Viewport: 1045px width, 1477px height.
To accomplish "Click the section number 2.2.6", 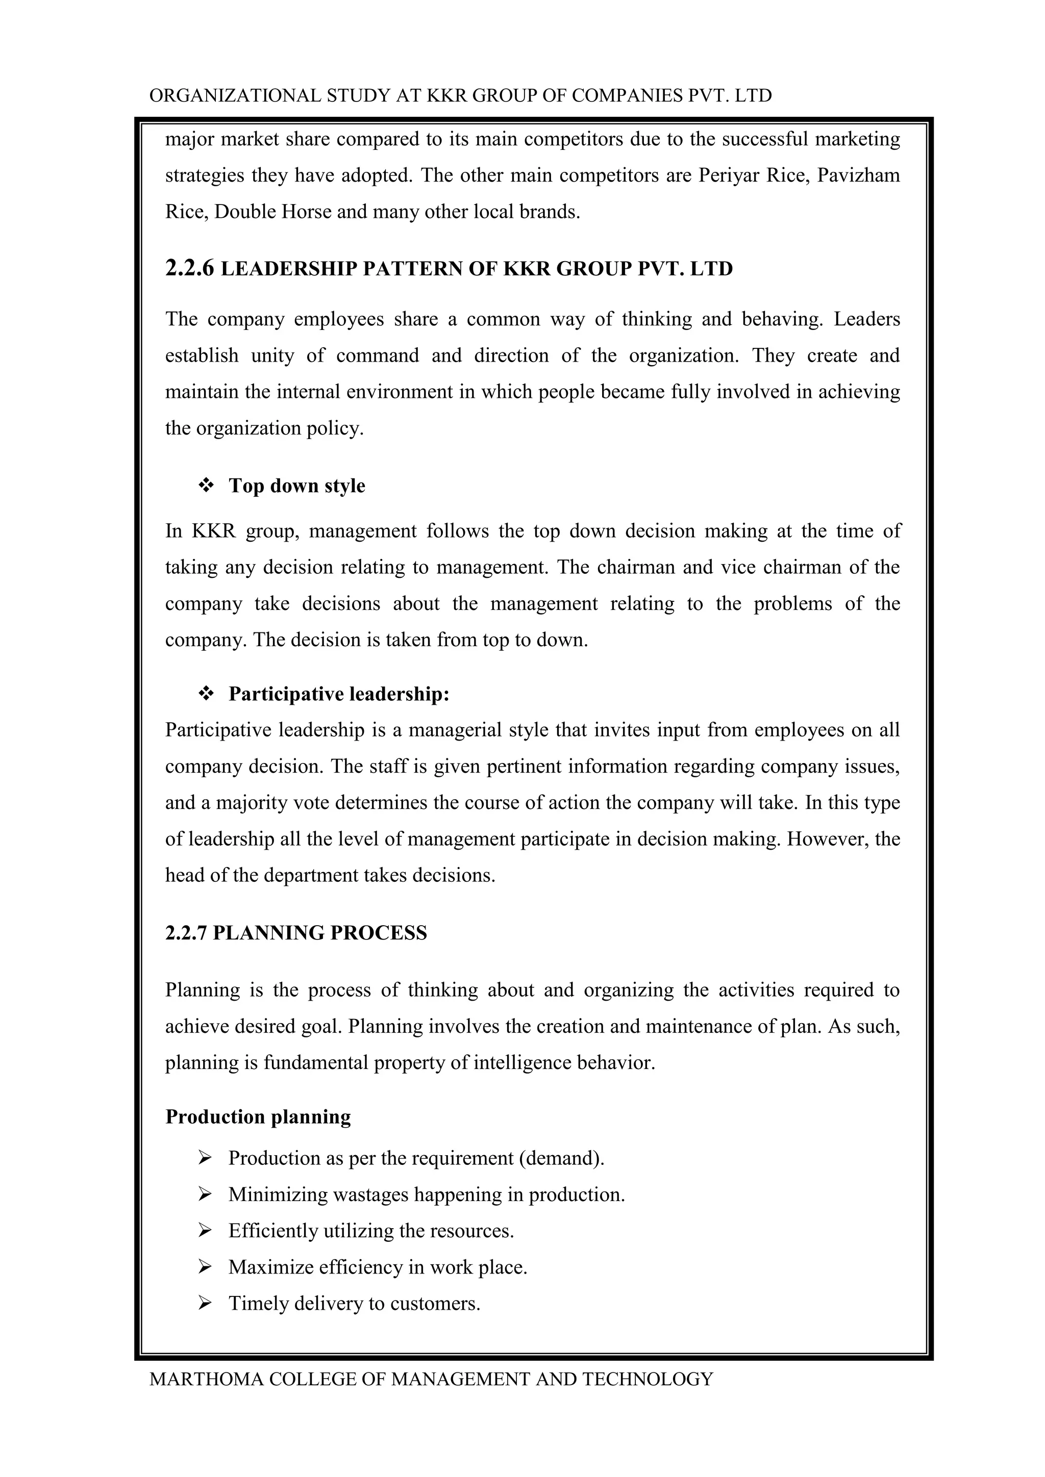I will (x=189, y=268).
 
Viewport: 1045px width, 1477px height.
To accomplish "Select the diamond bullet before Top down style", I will (x=206, y=485).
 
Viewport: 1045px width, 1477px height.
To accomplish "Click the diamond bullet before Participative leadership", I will (x=206, y=694).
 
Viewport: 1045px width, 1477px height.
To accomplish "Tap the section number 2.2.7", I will (x=186, y=933).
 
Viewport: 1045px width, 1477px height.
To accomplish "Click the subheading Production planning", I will (x=258, y=1117).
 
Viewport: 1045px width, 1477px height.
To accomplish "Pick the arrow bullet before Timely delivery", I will (x=205, y=1303).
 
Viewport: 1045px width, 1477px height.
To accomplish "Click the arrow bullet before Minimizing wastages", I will (x=205, y=1194).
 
